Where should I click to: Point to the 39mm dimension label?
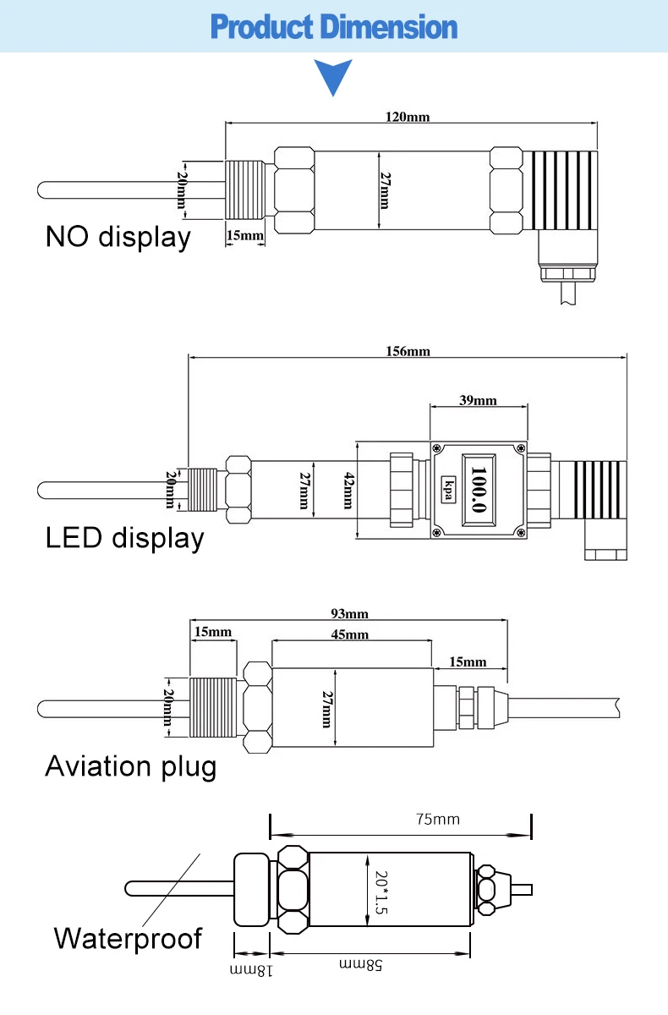coord(478,400)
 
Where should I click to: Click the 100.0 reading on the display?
coord(479,490)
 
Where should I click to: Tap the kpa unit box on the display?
coord(448,490)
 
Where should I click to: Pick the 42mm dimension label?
coord(348,490)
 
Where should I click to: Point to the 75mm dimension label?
coord(437,819)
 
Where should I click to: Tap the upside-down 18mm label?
coord(252,970)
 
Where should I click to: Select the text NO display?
coord(118,237)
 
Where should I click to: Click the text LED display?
coord(124,538)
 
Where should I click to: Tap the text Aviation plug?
coord(130,766)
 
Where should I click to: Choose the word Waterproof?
coord(128,938)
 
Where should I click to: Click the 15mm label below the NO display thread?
coord(245,235)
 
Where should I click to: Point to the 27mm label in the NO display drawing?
coord(385,190)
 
